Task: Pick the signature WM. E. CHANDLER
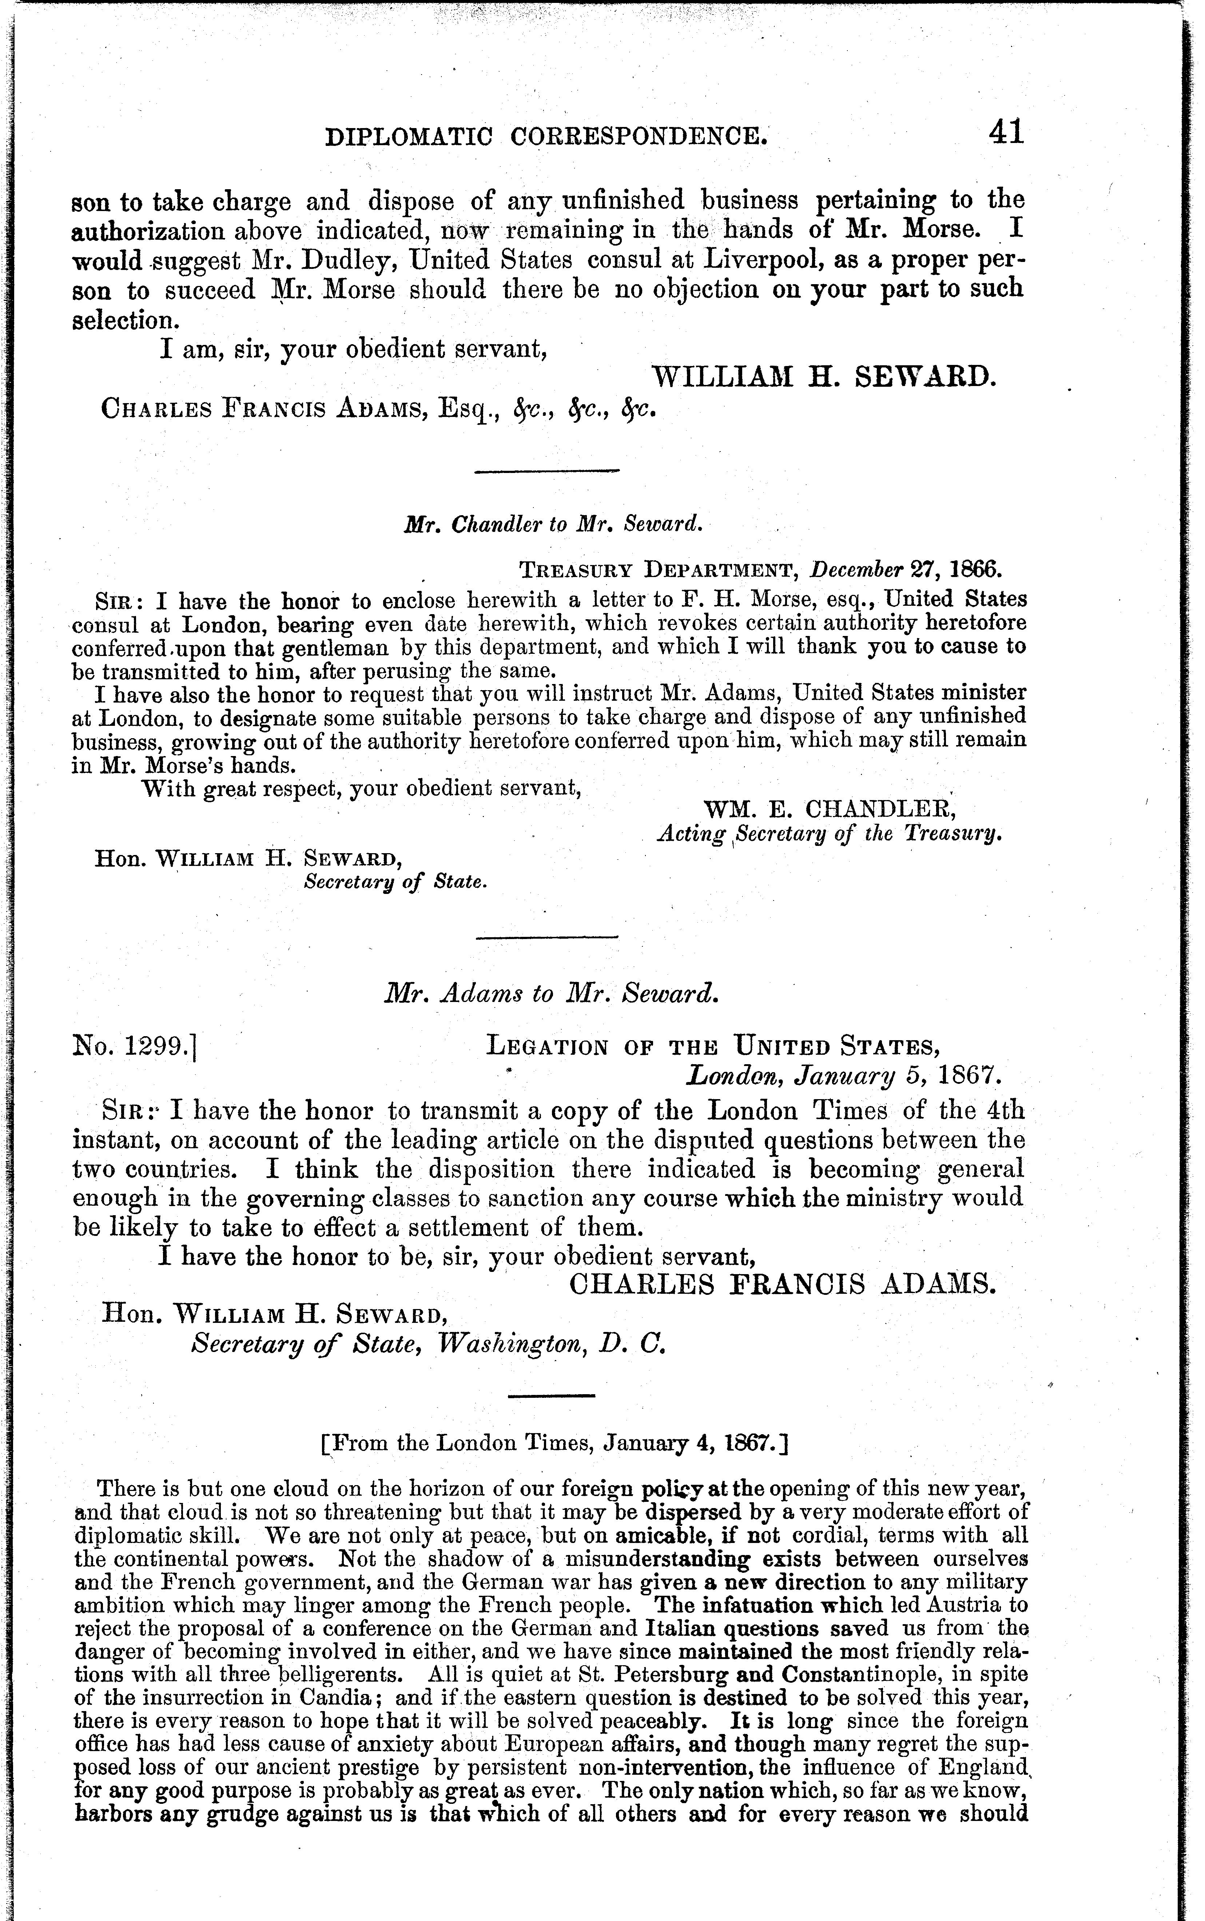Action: coord(829,810)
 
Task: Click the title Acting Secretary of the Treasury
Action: coord(829,834)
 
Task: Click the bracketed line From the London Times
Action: coord(553,1443)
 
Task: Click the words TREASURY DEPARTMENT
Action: coord(659,570)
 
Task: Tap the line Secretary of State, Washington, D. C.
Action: coord(428,1345)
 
